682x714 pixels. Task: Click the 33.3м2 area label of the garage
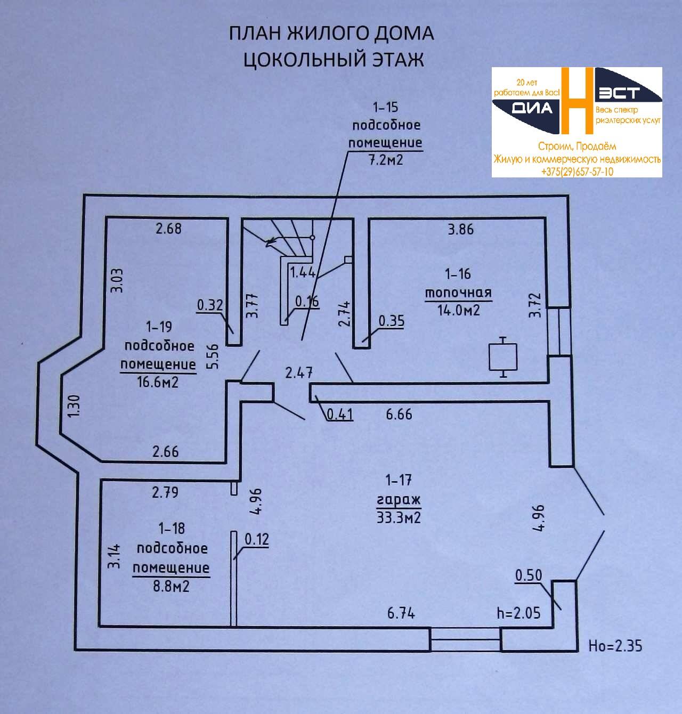(x=399, y=517)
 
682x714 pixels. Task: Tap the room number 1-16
(x=458, y=274)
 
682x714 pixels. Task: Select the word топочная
(x=458, y=293)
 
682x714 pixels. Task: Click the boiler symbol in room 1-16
(x=503, y=356)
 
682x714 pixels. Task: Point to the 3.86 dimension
(x=460, y=230)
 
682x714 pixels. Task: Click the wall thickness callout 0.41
(x=339, y=413)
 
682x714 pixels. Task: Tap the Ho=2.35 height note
(x=615, y=646)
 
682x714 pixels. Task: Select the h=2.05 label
(x=518, y=613)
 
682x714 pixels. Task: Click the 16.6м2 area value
(x=158, y=382)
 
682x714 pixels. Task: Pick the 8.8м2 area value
(x=171, y=587)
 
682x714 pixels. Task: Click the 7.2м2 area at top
(x=385, y=159)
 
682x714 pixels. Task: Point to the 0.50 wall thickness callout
(x=529, y=575)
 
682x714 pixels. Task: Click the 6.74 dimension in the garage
(x=401, y=613)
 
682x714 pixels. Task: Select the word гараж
(x=399, y=499)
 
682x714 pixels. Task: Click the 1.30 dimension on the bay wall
(x=74, y=406)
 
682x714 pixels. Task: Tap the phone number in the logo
(x=577, y=172)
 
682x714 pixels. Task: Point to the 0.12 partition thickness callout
(x=256, y=539)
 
